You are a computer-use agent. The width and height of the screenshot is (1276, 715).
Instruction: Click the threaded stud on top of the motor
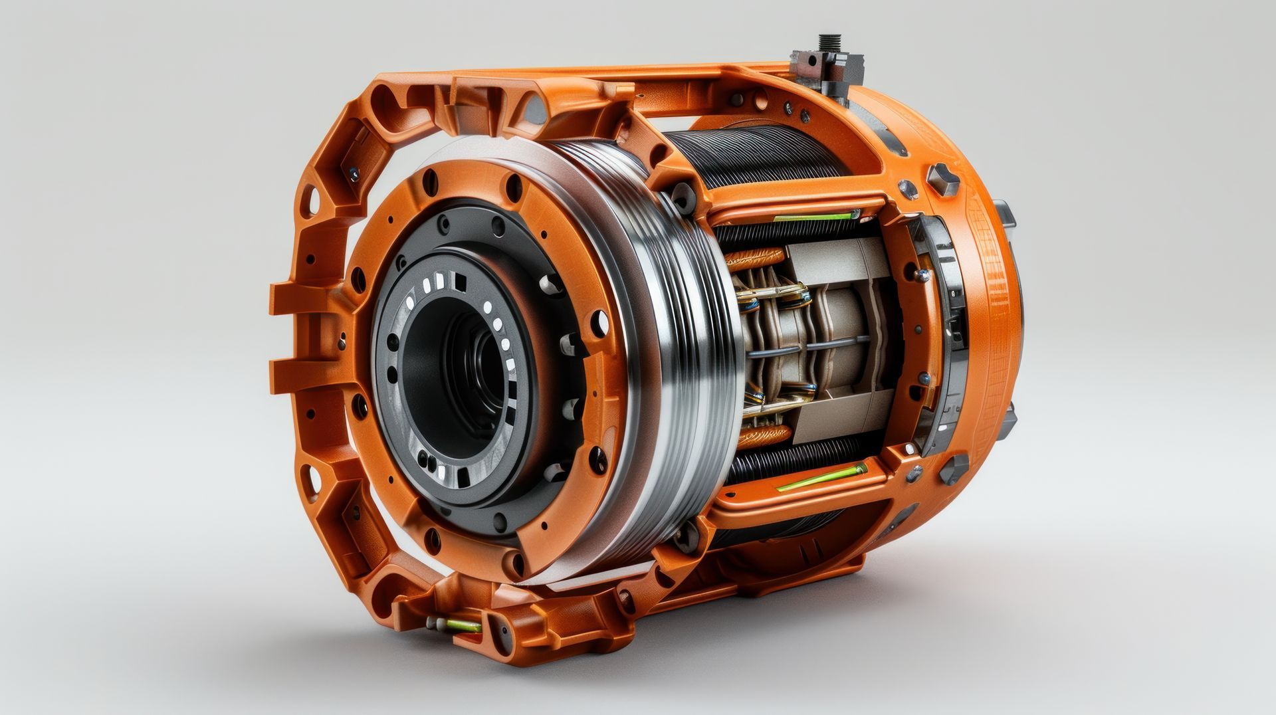[829, 44]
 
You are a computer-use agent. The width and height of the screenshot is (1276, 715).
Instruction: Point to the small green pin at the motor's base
[461, 625]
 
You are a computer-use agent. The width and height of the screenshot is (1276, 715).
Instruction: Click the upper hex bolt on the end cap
[943, 178]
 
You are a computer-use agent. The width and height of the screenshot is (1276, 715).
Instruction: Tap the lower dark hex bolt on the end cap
[953, 469]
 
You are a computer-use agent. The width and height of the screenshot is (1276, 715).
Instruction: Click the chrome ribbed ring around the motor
[671, 346]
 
